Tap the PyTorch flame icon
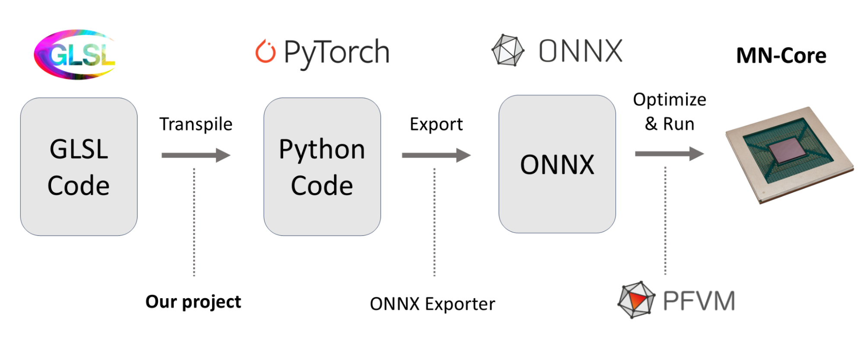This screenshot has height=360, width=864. (x=265, y=52)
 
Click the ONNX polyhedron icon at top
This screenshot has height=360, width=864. (x=508, y=50)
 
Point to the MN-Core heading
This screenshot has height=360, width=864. (x=781, y=56)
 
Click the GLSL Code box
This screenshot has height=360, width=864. (x=79, y=167)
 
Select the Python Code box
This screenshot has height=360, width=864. (x=322, y=167)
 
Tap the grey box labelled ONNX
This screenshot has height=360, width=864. (x=557, y=164)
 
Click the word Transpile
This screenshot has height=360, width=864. (x=196, y=124)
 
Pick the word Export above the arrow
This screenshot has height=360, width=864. (x=436, y=124)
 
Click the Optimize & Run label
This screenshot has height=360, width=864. (x=670, y=112)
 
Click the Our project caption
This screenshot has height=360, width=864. (x=193, y=302)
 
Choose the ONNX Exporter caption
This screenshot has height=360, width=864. (x=432, y=304)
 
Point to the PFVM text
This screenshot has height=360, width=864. (x=699, y=301)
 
